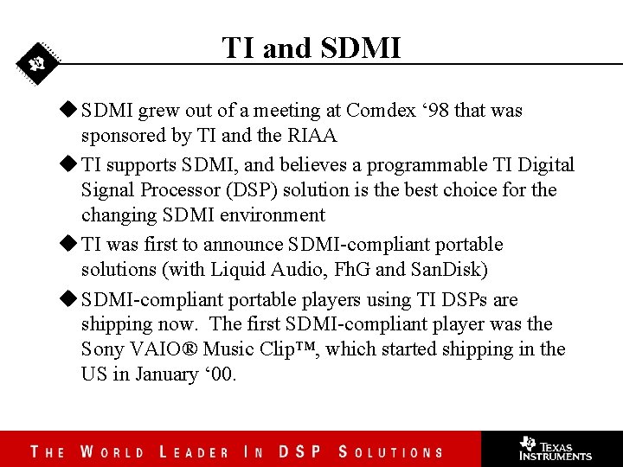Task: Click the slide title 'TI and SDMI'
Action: [311, 48]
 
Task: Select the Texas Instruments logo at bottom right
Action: [555, 448]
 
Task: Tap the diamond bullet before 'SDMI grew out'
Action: [68, 110]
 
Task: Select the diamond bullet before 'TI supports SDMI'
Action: [68, 164]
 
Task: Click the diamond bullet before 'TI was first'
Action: [68, 245]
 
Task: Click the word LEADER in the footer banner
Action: [195, 452]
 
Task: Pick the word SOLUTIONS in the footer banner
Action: [390, 452]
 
